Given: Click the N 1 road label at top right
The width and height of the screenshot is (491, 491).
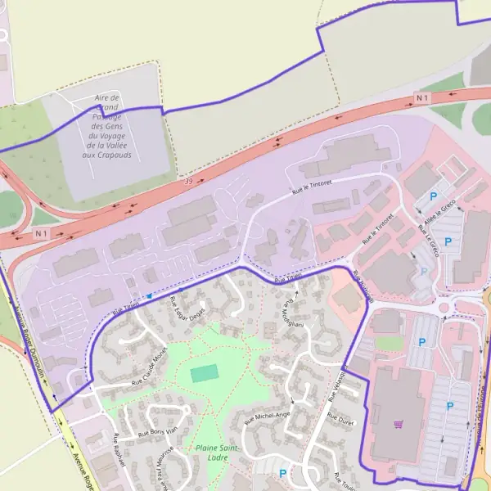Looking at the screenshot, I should [422, 98].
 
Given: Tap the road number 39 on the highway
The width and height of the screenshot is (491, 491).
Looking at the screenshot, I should [189, 181].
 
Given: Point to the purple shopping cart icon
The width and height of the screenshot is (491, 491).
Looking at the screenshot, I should [399, 424].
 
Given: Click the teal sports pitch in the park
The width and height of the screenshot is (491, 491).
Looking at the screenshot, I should [205, 373].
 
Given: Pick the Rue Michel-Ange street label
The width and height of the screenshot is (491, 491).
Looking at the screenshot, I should [268, 418].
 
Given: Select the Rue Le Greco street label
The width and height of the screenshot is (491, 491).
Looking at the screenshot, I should [428, 241].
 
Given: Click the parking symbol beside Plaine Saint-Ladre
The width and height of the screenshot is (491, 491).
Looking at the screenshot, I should [283, 473].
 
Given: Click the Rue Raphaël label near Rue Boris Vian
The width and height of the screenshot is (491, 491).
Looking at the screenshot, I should [120, 449].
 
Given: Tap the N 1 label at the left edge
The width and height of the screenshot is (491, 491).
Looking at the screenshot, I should [41, 233].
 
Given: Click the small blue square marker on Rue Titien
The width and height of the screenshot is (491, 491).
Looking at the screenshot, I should [149, 295].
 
